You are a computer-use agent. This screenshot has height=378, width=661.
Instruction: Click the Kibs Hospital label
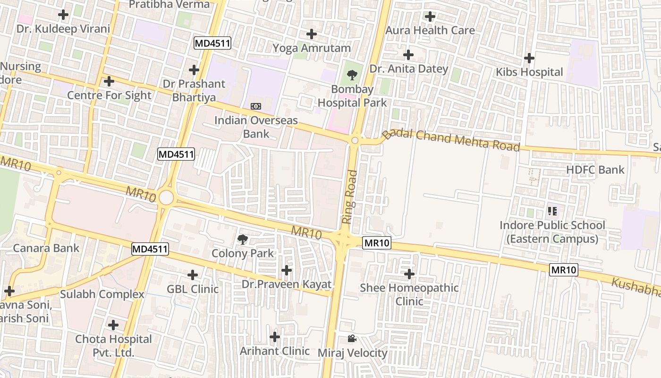pyautogui.click(x=529, y=72)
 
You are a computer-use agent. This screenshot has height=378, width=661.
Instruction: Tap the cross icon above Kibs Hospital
pyautogui.click(x=529, y=58)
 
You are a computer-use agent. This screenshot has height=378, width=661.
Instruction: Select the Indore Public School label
pyautogui.click(x=552, y=232)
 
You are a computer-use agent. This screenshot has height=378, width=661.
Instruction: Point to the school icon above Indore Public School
pyautogui.click(x=552, y=211)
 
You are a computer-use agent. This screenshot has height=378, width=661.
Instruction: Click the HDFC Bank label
pyautogui.click(x=595, y=170)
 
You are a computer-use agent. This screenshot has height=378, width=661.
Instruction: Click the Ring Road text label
pyautogui.click(x=349, y=197)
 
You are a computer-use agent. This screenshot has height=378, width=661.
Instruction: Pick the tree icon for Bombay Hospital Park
pyautogui.click(x=352, y=75)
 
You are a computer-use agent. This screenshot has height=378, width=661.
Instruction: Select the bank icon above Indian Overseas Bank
pyautogui.click(x=256, y=106)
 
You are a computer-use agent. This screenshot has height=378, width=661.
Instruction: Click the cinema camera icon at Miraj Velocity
pyautogui.click(x=352, y=338)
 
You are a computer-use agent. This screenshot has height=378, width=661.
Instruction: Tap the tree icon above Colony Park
pyautogui.click(x=243, y=239)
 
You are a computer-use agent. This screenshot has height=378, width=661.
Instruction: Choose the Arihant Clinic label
pyautogui.click(x=275, y=351)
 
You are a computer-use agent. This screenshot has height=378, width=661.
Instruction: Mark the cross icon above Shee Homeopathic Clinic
pyautogui.click(x=409, y=274)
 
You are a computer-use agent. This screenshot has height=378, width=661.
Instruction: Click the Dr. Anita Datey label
pyautogui.click(x=408, y=69)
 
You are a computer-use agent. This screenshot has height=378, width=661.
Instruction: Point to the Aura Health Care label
pyautogui.click(x=430, y=30)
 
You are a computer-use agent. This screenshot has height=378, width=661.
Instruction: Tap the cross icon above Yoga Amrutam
pyautogui.click(x=312, y=34)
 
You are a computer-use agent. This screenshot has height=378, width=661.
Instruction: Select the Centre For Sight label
pyautogui.click(x=109, y=95)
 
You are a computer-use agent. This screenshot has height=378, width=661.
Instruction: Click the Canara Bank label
pyautogui.click(x=46, y=248)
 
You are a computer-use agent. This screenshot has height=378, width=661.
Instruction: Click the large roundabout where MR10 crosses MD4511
pyautogui.click(x=166, y=198)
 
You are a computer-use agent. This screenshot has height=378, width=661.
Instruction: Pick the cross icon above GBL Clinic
pyautogui.click(x=193, y=275)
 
